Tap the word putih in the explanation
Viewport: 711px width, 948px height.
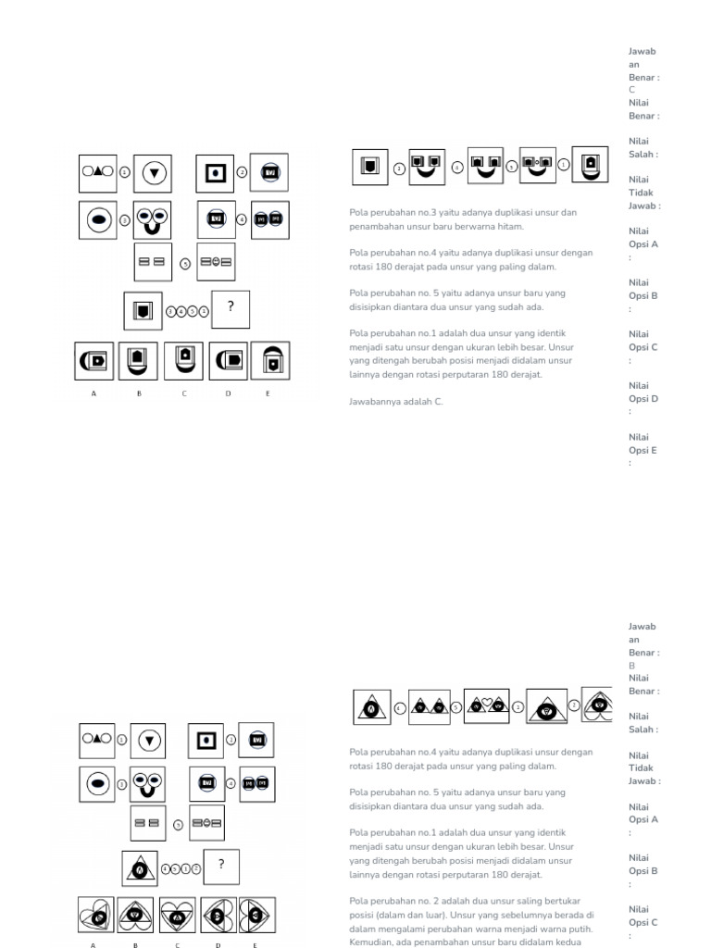tap(581, 929)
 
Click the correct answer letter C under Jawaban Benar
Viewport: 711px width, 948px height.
tap(632, 91)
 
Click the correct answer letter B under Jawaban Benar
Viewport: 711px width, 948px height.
tap(632, 666)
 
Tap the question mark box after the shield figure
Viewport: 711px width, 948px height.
tap(231, 309)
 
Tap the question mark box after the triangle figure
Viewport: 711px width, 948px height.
tap(221, 866)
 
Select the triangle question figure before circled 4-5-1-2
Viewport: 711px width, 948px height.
tap(139, 867)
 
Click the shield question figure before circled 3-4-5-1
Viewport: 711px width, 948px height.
tap(143, 310)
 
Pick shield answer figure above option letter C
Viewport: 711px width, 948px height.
tap(184, 360)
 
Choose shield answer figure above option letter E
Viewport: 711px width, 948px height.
tap(270, 360)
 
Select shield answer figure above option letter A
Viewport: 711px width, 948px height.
tap(94, 360)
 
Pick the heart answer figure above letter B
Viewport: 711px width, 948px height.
tap(136, 915)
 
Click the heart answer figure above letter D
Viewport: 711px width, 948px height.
tap(218, 915)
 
